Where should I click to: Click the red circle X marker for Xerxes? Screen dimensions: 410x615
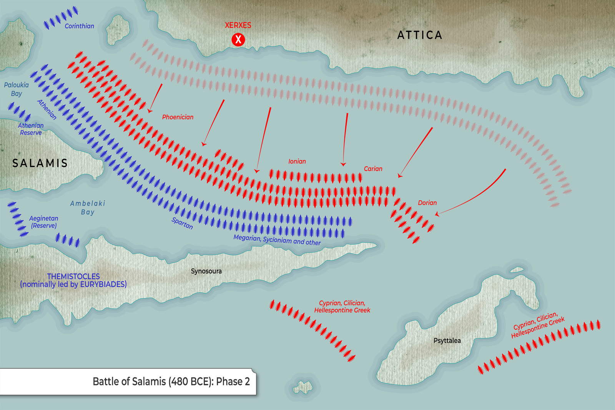click(x=238, y=39)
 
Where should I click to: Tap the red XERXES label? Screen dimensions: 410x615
click(x=238, y=25)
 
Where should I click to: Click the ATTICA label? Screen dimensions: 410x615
click(x=419, y=35)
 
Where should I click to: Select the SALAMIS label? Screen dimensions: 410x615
click(x=40, y=163)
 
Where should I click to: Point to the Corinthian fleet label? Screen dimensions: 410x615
click(x=79, y=26)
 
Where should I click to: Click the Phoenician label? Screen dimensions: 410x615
click(x=178, y=117)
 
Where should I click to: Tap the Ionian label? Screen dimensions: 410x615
click(x=297, y=161)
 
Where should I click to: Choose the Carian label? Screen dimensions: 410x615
click(x=373, y=169)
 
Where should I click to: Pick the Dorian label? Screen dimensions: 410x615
click(x=427, y=203)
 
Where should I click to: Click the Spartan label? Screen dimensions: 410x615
click(x=182, y=223)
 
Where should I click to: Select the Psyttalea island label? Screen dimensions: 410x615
click(x=447, y=340)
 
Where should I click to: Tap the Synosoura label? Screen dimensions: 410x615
click(x=206, y=271)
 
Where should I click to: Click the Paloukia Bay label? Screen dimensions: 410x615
click(x=16, y=89)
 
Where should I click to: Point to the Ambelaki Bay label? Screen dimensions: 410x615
click(x=87, y=207)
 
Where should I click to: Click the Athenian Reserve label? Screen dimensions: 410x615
click(x=31, y=129)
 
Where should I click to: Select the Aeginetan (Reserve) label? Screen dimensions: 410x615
click(x=43, y=222)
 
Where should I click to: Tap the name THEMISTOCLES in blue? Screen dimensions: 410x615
click(x=73, y=276)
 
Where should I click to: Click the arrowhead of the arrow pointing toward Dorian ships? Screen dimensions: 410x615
click(x=439, y=213)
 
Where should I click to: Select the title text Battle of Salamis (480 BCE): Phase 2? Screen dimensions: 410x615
click(x=171, y=382)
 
